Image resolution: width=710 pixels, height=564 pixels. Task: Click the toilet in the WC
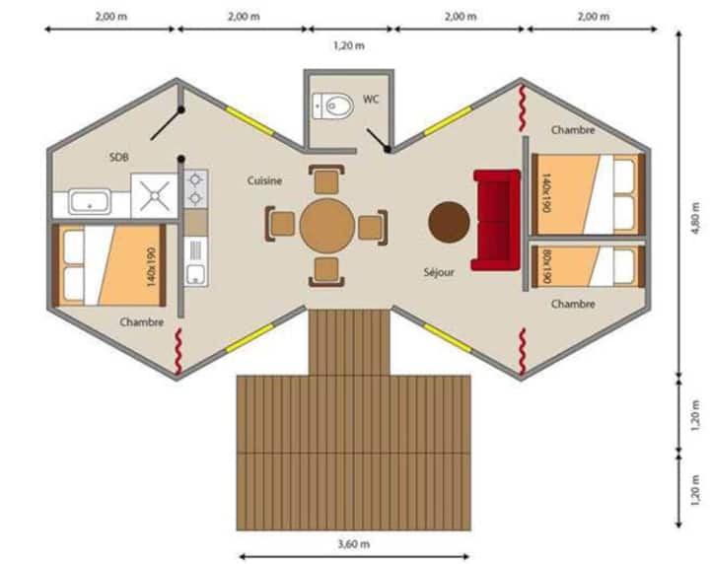pyautogui.click(x=333, y=106)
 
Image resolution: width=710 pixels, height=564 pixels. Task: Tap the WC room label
pyautogui.click(x=371, y=100)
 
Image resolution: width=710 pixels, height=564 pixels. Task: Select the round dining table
pyautogui.click(x=327, y=226)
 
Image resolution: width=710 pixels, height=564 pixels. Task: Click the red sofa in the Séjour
pyautogui.click(x=496, y=220)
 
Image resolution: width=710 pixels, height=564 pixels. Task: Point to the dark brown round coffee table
pyautogui.click(x=449, y=222)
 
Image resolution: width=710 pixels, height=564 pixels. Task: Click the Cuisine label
pyautogui.click(x=265, y=180)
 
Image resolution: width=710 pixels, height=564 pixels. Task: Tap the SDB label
pyautogui.click(x=119, y=157)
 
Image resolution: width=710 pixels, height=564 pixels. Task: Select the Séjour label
pyautogui.click(x=439, y=272)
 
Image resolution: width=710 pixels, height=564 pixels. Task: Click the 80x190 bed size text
pyautogui.click(x=546, y=265)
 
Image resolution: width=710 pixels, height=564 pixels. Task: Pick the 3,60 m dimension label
pyautogui.click(x=354, y=543)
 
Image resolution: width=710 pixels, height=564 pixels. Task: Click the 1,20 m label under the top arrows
pyautogui.click(x=349, y=45)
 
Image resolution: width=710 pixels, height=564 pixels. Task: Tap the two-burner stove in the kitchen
pyautogui.click(x=195, y=188)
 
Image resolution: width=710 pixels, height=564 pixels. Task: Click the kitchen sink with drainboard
pyautogui.click(x=195, y=262)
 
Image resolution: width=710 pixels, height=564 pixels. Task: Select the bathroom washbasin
pyautogui.click(x=90, y=202)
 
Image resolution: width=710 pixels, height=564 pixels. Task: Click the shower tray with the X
pyautogui.click(x=155, y=195)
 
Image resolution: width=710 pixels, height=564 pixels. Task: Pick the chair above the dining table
pyautogui.click(x=326, y=179)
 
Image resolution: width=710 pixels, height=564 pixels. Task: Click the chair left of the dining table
pyautogui.click(x=281, y=224)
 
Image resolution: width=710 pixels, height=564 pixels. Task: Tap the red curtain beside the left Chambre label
pyautogui.click(x=178, y=352)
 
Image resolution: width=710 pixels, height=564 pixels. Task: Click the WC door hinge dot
pyautogui.click(x=388, y=149)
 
